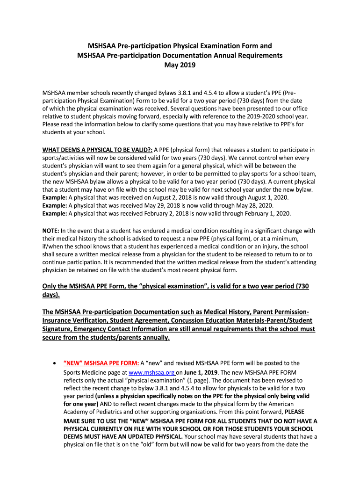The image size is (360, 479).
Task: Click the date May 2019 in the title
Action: (180, 65)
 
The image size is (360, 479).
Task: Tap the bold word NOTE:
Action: (50, 231)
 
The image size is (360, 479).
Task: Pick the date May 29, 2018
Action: (183, 205)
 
